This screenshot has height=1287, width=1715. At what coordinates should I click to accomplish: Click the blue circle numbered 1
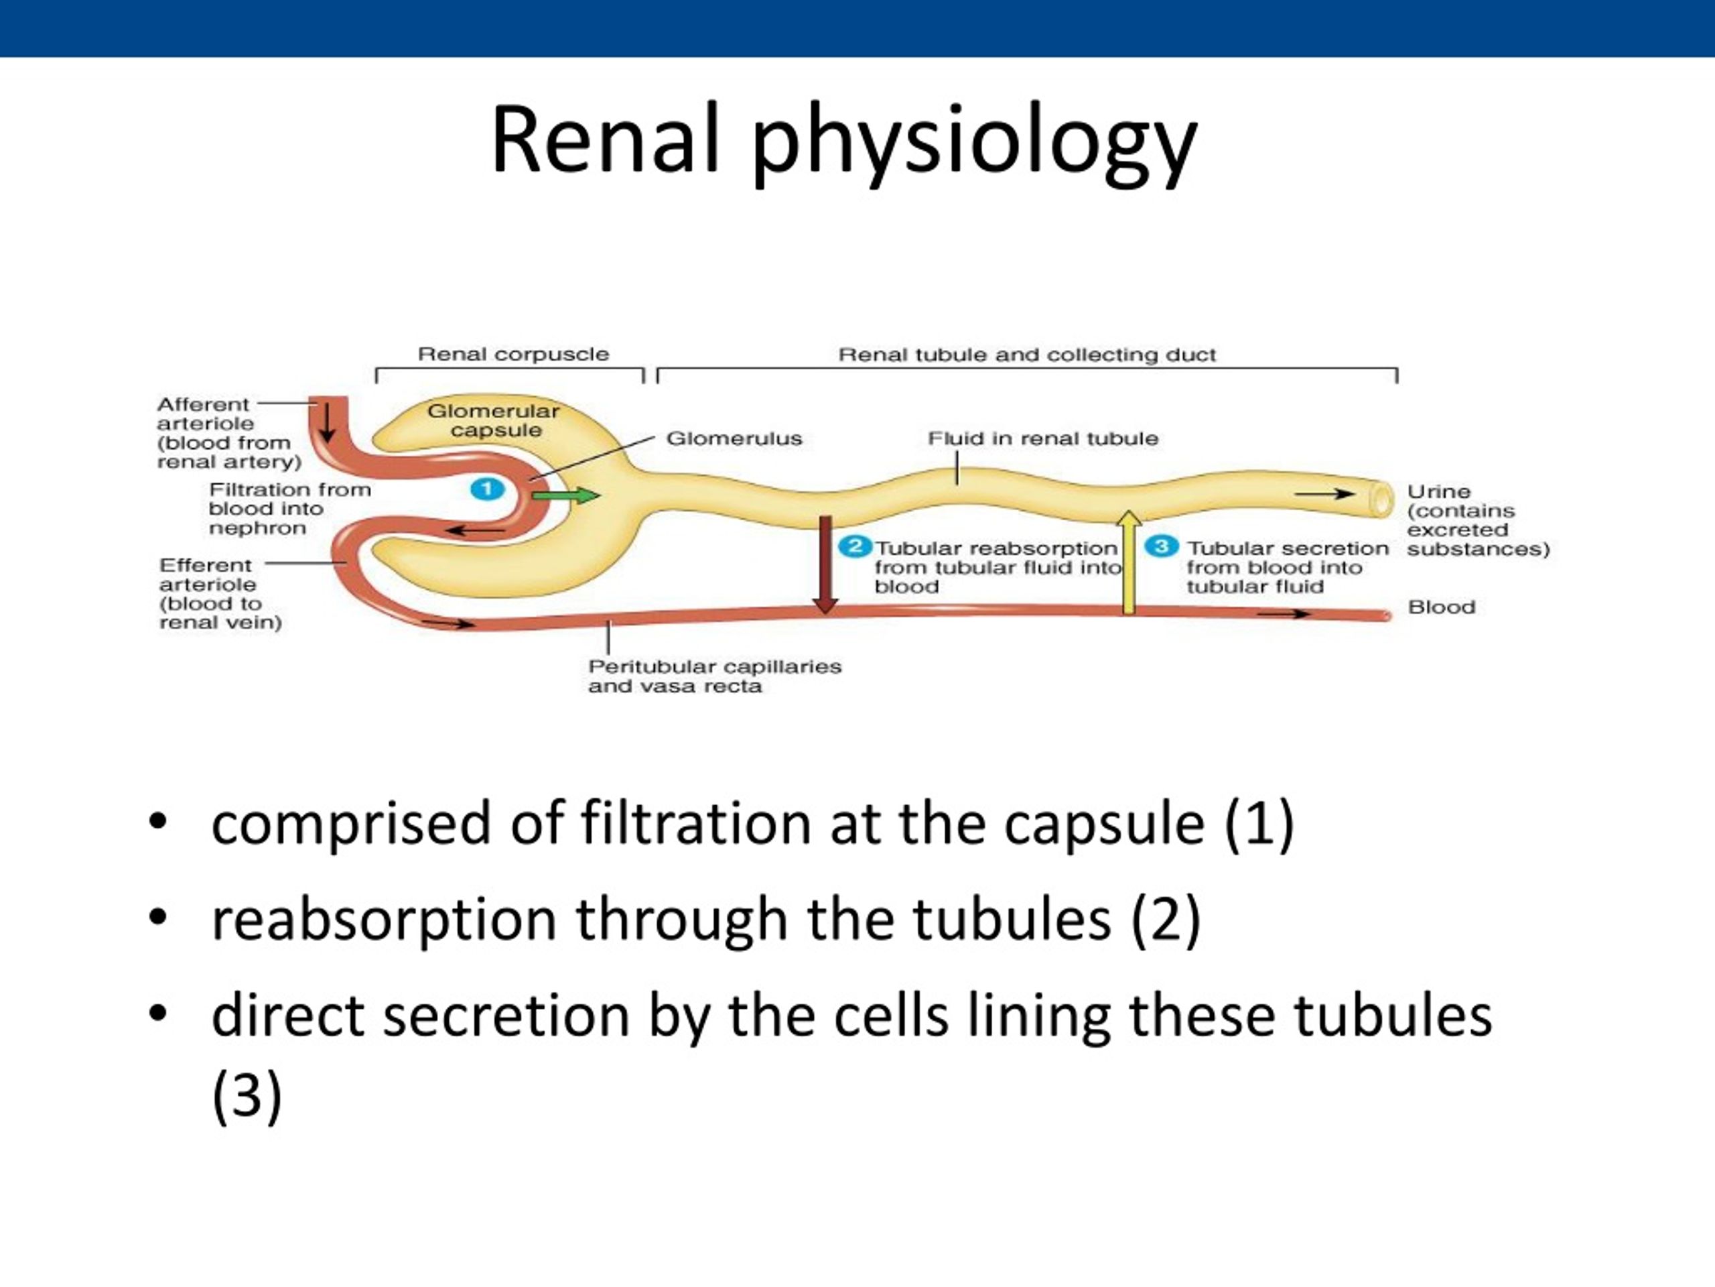click(x=488, y=489)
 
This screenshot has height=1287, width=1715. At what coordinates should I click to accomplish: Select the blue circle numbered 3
click(x=1162, y=546)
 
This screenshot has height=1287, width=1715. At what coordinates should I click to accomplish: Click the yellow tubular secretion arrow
click(x=1129, y=562)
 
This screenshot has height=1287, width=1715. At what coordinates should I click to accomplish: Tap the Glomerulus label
click(x=734, y=438)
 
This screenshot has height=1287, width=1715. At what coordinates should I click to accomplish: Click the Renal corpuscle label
click(x=513, y=355)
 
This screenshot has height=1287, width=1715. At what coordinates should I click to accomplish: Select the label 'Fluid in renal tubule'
click(x=1043, y=438)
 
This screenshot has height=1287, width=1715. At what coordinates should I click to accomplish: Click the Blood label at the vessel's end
click(x=1441, y=607)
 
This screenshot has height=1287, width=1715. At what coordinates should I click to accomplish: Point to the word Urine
click(x=1438, y=491)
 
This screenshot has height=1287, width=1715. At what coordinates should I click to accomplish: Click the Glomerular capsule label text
click(x=494, y=420)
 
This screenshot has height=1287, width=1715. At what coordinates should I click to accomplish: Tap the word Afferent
click(x=203, y=404)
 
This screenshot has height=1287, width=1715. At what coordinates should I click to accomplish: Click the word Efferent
click(x=206, y=565)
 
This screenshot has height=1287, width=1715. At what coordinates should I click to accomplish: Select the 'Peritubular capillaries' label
click(x=714, y=666)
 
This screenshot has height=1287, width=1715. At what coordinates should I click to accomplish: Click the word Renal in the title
click(x=605, y=139)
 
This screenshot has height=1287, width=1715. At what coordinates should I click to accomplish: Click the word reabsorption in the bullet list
click(x=384, y=919)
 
